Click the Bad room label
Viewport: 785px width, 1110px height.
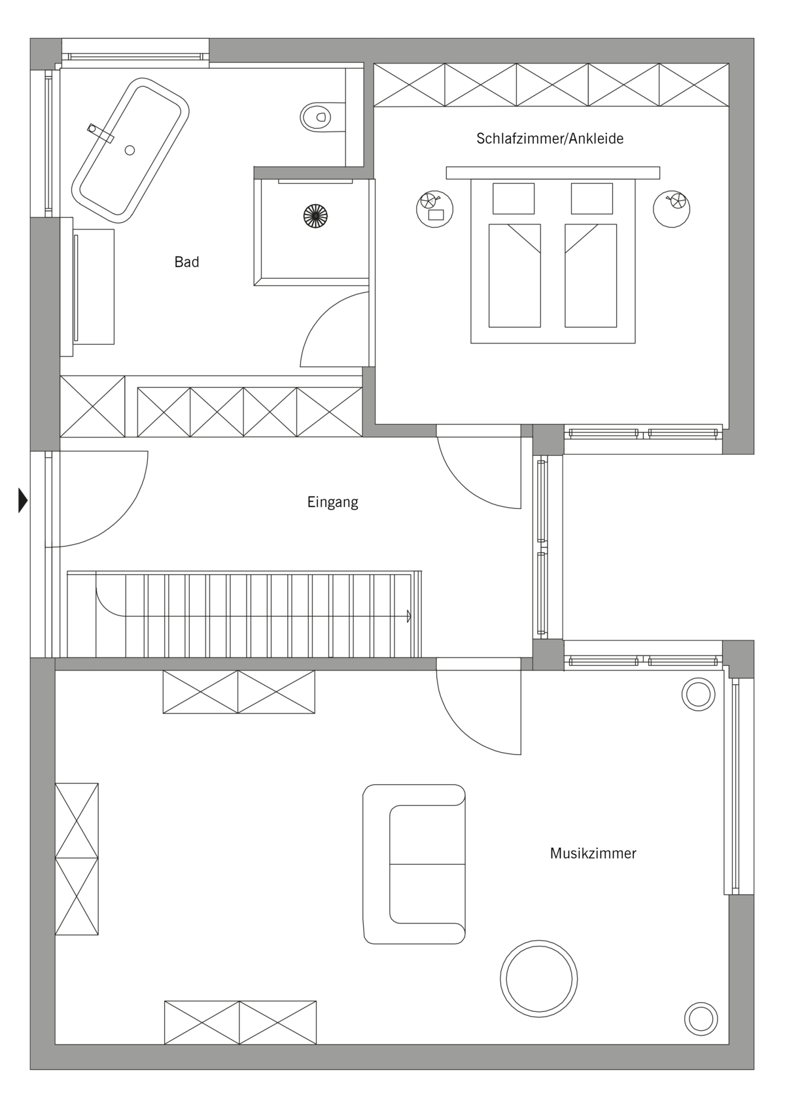(186, 262)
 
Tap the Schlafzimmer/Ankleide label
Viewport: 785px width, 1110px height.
(549, 138)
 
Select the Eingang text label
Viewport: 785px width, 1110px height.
(332, 502)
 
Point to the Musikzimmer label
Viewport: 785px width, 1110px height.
(593, 853)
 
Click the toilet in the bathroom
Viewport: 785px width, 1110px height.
(322, 118)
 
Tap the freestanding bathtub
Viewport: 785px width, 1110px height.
(130, 150)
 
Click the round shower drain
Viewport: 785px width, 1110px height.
(316, 217)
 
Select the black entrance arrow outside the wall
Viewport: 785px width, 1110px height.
(23, 500)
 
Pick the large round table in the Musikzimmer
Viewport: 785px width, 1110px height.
(538, 979)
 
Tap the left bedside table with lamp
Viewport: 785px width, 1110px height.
(434, 209)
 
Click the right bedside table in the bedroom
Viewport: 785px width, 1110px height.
(672, 209)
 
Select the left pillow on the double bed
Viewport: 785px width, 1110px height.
(514, 199)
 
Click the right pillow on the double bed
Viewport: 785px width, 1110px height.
(592, 199)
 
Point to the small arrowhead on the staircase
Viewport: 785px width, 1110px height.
(409, 616)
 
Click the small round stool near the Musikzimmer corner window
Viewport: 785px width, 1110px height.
(698, 694)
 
